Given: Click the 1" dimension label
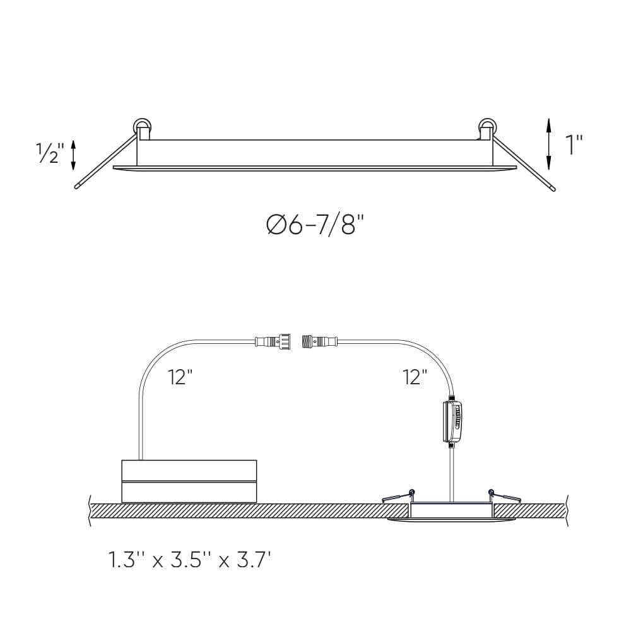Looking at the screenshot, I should (x=573, y=144).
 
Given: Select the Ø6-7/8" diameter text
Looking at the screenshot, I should (x=315, y=224).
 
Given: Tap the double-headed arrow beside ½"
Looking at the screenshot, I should (x=74, y=155).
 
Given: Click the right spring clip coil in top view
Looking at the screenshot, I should (x=487, y=126).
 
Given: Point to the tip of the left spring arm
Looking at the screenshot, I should (x=78, y=187).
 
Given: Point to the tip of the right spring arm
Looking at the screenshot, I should (x=553, y=187).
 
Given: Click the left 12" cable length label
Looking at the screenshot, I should (x=180, y=377).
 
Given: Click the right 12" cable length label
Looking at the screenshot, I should (x=415, y=377).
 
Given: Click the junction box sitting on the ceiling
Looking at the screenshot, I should (x=189, y=481).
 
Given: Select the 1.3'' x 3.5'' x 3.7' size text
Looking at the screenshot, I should (x=189, y=559).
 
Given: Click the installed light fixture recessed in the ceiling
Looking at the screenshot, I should (x=451, y=512).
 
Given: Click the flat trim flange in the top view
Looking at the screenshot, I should (x=315, y=168).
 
